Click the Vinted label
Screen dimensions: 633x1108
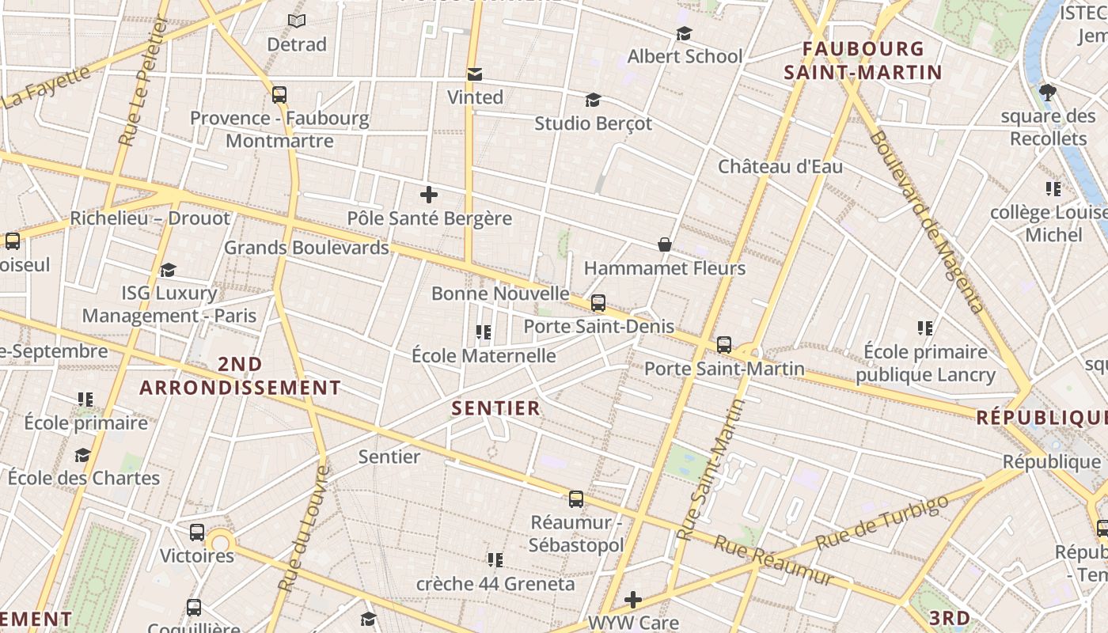(475, 97)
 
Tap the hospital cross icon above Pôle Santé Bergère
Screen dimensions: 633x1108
(429, 194)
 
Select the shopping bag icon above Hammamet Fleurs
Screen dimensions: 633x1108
(665, 244)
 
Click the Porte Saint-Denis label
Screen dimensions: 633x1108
(598, 326)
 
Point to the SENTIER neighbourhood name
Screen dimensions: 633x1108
(496, 408)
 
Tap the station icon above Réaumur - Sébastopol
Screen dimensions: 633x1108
(576, 499)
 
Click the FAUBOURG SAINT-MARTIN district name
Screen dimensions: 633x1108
(863, 61)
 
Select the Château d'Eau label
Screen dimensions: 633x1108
(780, 167)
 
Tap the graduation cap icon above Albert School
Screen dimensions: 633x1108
(685, 33)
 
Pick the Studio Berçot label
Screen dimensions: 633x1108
(593, 123)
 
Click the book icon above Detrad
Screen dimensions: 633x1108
(297, 21)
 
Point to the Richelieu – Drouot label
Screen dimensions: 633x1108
(150, 218)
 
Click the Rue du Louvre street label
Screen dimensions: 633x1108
(303, 529)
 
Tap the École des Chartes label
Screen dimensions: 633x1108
(84, 478)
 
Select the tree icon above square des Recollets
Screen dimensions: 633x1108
(1049, 92)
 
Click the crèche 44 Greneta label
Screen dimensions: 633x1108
(495, 584)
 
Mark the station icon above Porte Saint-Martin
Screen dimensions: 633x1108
(724, 345)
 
